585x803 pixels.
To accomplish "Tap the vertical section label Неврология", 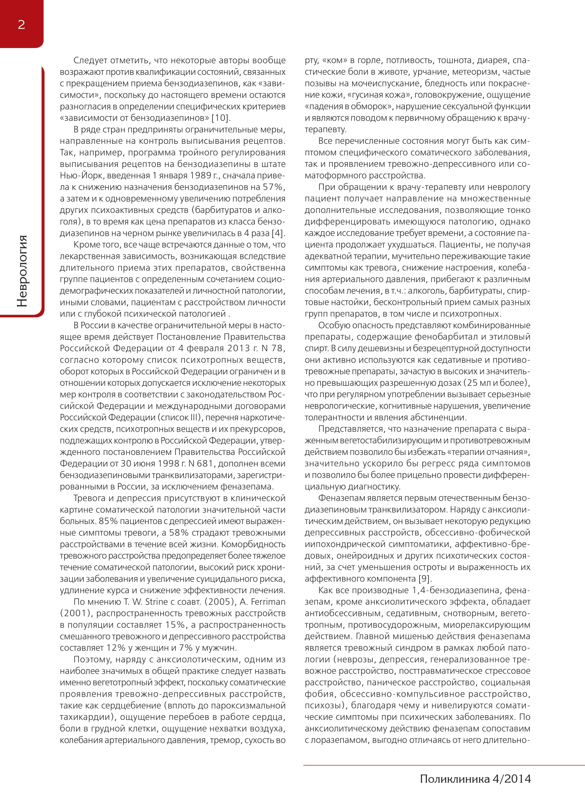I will coord(22,271).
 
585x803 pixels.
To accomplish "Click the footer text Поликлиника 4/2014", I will coord(475,778).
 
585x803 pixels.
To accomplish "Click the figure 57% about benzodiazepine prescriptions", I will coord(273,187).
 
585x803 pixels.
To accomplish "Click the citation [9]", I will coord(425,579).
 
